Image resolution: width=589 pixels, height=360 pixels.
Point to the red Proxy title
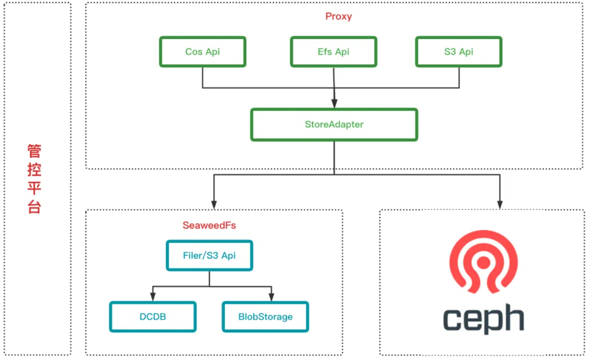click(339, 16)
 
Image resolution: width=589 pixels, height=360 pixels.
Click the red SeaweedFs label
click(209, 225)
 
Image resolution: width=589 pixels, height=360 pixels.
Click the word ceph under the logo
click(483, 319)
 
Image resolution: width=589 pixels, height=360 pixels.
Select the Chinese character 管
click(34, 151)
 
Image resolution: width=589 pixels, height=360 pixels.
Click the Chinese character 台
click(34, 206)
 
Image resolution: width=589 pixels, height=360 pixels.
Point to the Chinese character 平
click(34, 188)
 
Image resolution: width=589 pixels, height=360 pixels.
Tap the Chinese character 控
click(34, 169)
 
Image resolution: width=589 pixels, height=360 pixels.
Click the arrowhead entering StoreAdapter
click(334, 103)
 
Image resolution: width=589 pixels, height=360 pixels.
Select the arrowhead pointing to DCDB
click(153, 297)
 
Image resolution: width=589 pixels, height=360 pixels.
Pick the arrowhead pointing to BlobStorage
click(271, 297)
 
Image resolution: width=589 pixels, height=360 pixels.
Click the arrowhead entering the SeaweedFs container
click(214, 205)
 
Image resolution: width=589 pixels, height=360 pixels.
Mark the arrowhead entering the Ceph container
click(500, 205)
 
